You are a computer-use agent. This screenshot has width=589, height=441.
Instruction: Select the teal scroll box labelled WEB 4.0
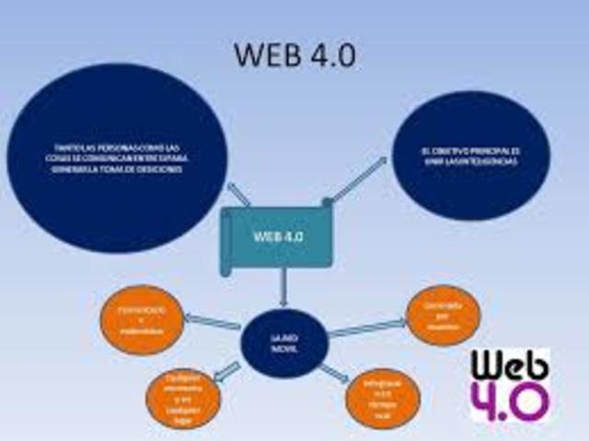click(x=277, y=237)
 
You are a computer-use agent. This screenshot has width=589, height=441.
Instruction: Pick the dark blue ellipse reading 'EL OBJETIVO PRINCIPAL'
click(x=469, y=156)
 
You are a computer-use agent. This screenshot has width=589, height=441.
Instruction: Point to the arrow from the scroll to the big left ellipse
click(x=237, y=194)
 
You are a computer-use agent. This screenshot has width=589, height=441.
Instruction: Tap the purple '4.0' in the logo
click(x=511, y=400)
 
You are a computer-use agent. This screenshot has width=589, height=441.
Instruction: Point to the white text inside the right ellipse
click(x=469, y=156)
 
